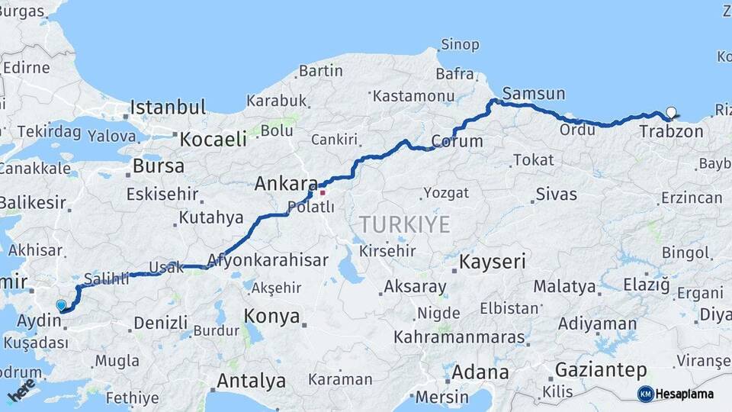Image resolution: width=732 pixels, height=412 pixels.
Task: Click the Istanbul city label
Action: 168,107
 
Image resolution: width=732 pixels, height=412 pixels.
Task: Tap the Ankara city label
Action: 285,184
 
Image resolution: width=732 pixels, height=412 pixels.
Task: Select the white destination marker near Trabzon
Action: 671,112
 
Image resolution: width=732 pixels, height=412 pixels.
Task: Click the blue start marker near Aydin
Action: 61,305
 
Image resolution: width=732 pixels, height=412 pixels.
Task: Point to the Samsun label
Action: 534,94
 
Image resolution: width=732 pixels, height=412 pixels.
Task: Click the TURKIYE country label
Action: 405,224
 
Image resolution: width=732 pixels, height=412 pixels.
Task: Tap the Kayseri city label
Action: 492,262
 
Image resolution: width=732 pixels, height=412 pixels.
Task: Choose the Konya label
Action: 271,317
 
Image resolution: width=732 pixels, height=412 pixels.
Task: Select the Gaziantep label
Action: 600,371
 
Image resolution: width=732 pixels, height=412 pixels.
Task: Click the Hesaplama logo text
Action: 684,394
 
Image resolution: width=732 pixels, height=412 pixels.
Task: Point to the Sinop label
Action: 461,45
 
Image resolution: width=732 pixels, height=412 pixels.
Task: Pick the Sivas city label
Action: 556,194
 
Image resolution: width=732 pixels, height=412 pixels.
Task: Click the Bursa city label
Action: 158,166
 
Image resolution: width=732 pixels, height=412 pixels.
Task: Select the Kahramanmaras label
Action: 459,337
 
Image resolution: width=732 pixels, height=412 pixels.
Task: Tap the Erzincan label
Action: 691,198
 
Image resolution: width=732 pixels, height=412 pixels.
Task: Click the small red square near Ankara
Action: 323,192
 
